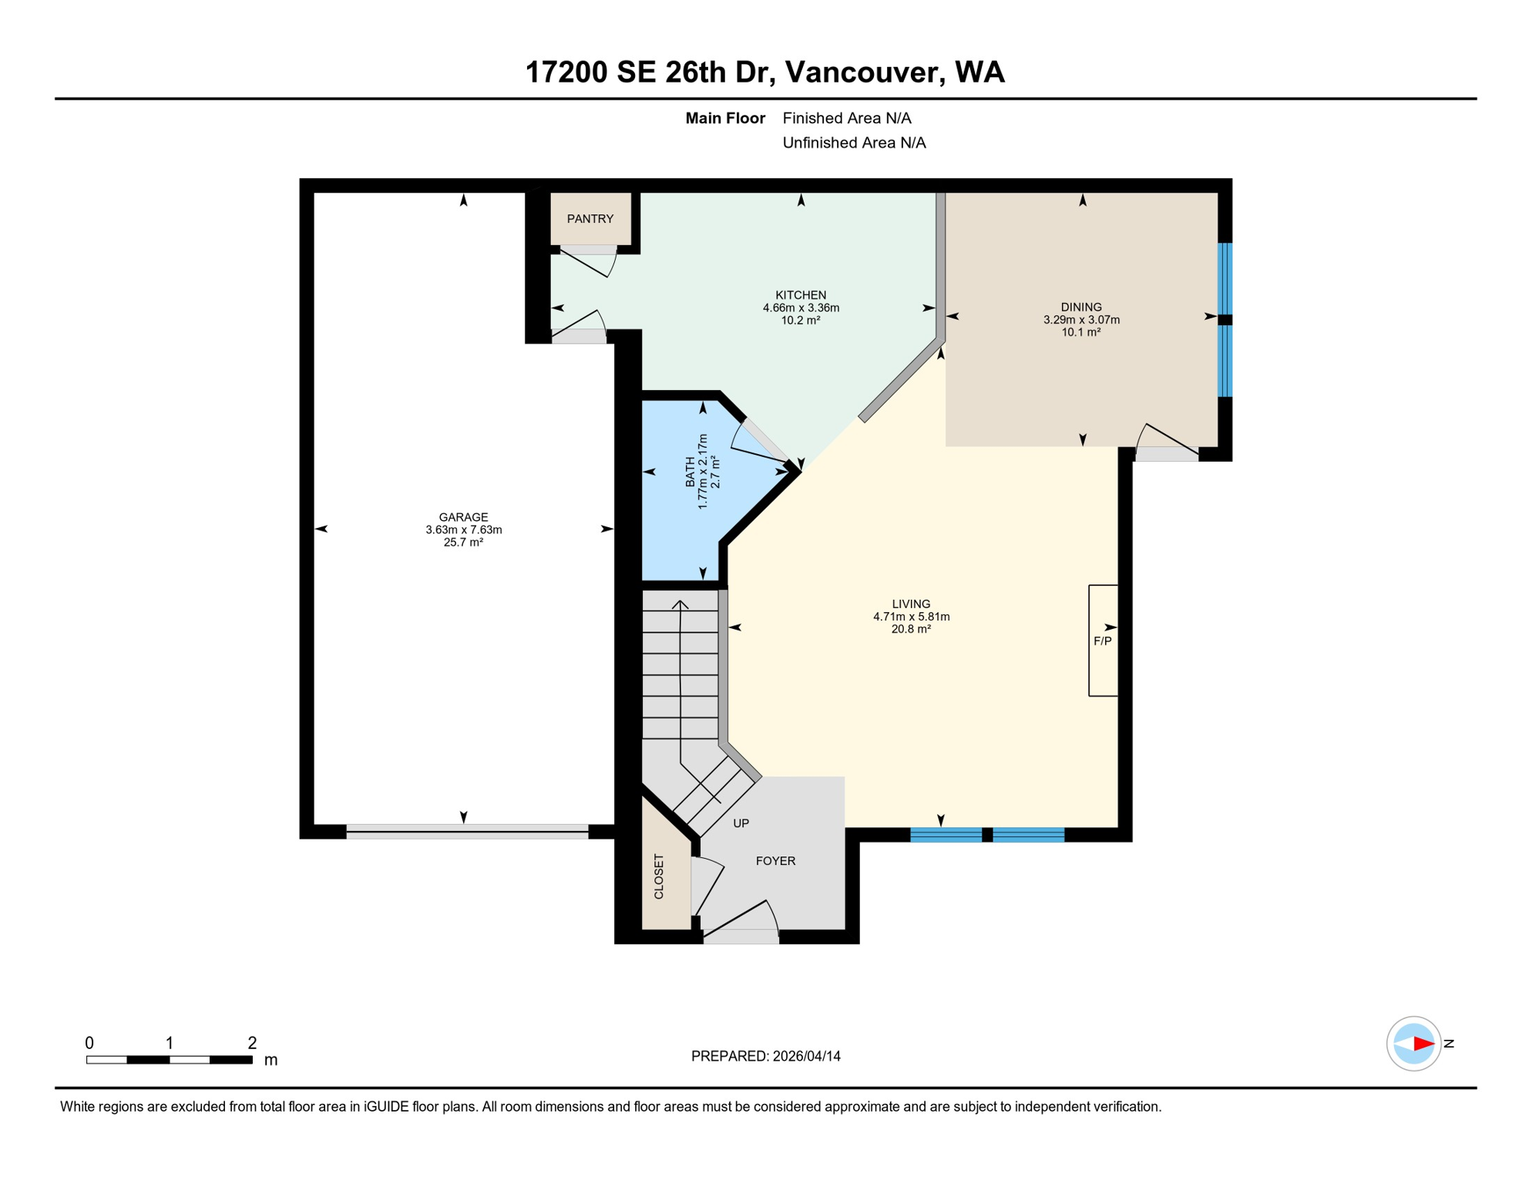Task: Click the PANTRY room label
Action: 590,219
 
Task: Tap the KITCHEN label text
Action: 801,295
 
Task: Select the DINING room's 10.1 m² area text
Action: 1081,332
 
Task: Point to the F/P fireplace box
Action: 1103,641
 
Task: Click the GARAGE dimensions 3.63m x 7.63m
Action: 463,530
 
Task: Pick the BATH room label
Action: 690,472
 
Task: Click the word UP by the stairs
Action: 741,823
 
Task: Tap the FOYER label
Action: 775,861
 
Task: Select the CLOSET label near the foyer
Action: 659,876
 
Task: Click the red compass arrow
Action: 1423,1044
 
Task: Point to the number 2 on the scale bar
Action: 252,1043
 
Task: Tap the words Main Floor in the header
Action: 724,118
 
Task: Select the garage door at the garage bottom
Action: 467,831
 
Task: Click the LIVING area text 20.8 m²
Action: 911,629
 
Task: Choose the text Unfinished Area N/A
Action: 854,143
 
